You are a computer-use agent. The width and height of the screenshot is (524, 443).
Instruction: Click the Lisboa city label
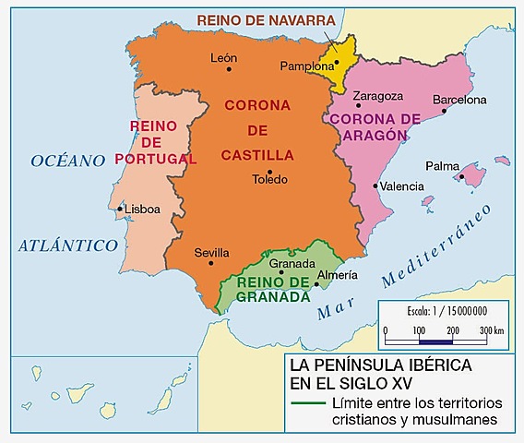[142, 210]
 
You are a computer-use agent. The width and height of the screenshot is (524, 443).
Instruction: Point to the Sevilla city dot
[211, 263]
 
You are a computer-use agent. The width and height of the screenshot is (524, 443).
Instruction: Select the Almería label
[337, 274]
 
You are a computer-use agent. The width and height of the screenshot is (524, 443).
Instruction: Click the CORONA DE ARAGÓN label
[374, 126]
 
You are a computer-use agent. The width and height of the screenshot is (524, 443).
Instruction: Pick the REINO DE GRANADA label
[273, 290]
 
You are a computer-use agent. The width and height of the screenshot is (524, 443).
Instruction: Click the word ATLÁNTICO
[68, 245]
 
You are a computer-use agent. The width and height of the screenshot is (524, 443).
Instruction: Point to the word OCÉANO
[68, 161]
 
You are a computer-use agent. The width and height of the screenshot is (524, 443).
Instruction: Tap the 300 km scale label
[492, 329]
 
